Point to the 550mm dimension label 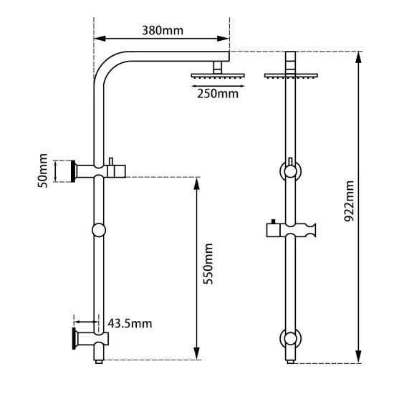click(x=208, y=265)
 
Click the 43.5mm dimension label click(x=130, y=324)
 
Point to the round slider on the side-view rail click(x=98, y=230)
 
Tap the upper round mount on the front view click(x=290, y=172)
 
